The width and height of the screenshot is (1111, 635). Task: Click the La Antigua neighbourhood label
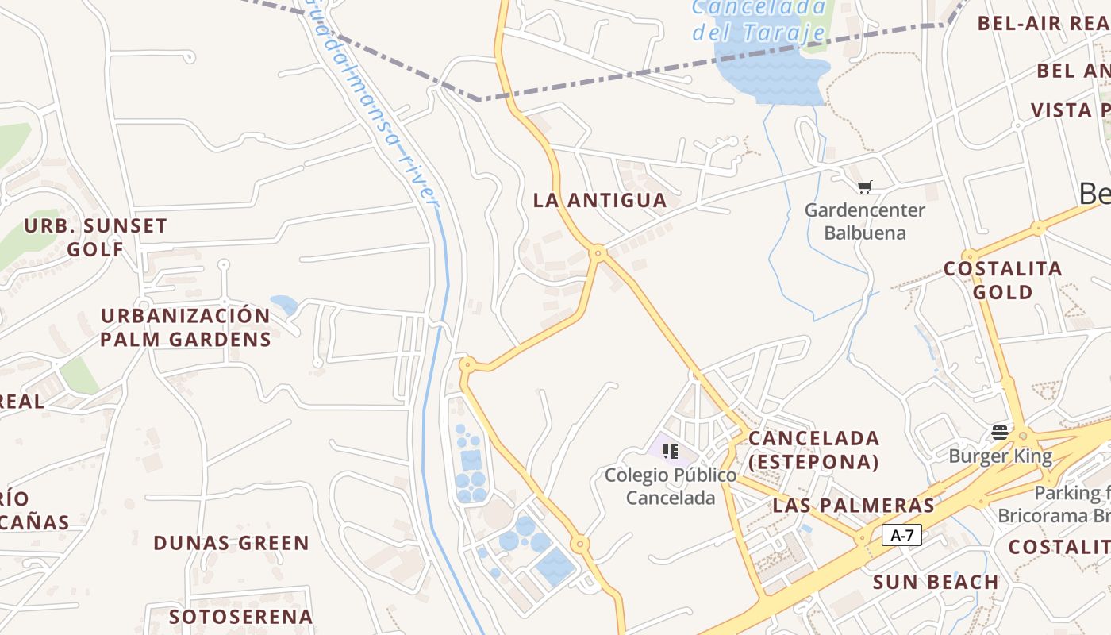pyautogui.click(x=600, y=200)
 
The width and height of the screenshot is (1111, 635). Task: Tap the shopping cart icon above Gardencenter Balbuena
pyautogui.click(x=865, y=187)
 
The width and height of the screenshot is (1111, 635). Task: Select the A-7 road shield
pyautogui.click(x=902, y=535)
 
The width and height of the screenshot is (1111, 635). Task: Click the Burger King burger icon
pyautogui.click(x=1000, y=433)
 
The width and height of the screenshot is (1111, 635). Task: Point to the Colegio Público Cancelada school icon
pyautogui.click(x=671, y=452)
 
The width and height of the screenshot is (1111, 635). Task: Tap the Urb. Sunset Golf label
pyautogui.click(x=95, y=237)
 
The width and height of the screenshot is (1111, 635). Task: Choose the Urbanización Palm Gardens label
pyautogui.click(x=186, y=327)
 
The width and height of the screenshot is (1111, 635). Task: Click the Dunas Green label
pyautogui.click(x=231, y=543)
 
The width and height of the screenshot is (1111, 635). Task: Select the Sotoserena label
pyautogui.click(x=241, y=616)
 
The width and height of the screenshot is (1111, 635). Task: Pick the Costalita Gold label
pyautogui.click(x=1003, y=279)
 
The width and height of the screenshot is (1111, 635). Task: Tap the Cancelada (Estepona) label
pyautogui.click(x=814, y=449)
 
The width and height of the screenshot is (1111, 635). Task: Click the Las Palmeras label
pyautogui.click(x=854, y=505)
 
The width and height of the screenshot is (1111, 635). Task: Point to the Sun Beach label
pyautogui.click(x=936, y=582)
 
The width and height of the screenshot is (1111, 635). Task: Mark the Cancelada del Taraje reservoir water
pyautogui.click(x=770, y=75)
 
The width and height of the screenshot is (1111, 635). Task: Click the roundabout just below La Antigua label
pyautogui.click(x=598, y=253)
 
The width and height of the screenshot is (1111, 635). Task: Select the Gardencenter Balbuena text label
pyautogui.click(x=865, y=221)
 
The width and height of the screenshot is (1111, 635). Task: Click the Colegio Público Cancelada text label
pyautogui.click(x=671, y=487)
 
